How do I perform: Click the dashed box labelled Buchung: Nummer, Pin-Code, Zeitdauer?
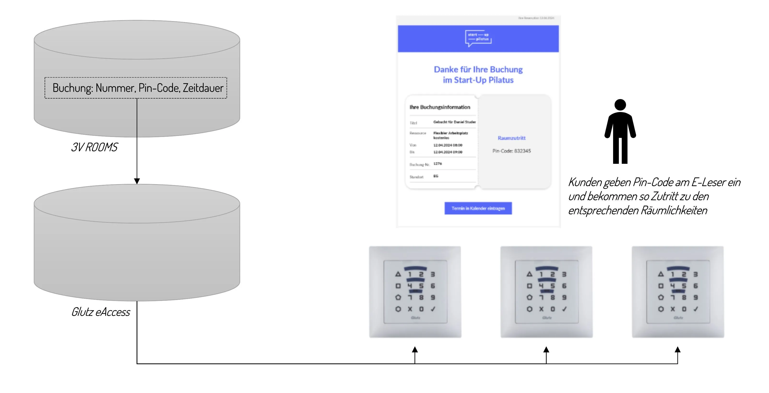tap(136, 88)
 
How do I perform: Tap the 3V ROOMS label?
tap(94, 147)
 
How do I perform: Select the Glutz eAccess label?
tap(101, 312)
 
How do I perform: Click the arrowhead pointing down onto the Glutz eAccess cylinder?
tap(137, 181)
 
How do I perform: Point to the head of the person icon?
tap(620, 105)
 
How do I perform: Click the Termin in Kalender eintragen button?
tap(478, 208)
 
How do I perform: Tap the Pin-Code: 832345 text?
tap(511, 151)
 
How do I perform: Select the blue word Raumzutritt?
tap(511, 138)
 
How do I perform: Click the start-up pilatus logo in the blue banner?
tap(478, 38)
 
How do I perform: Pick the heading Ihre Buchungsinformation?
tap(440, 107)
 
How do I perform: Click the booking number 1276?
tap(438, 164)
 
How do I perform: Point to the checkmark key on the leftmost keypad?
tap(433, 309)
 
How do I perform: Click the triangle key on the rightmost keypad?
tap(661, 274)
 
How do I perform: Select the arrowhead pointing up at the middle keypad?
tap(546, 350)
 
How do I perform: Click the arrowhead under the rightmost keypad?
tap(678, 350)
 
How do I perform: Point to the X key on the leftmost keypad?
tap(410, 309)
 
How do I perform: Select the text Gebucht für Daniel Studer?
tap(454, 122)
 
